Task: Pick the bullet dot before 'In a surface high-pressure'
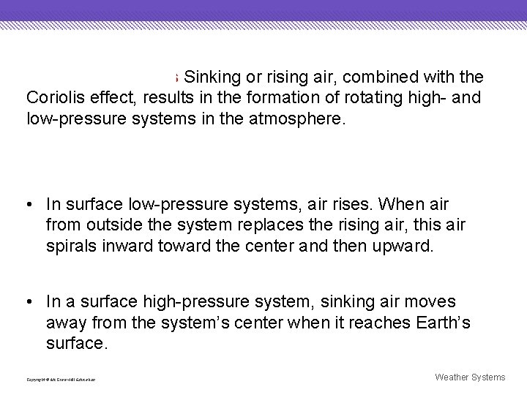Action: click(29, 302)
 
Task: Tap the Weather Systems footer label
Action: click(470, 377)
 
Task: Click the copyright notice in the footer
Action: click(61, 380)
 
